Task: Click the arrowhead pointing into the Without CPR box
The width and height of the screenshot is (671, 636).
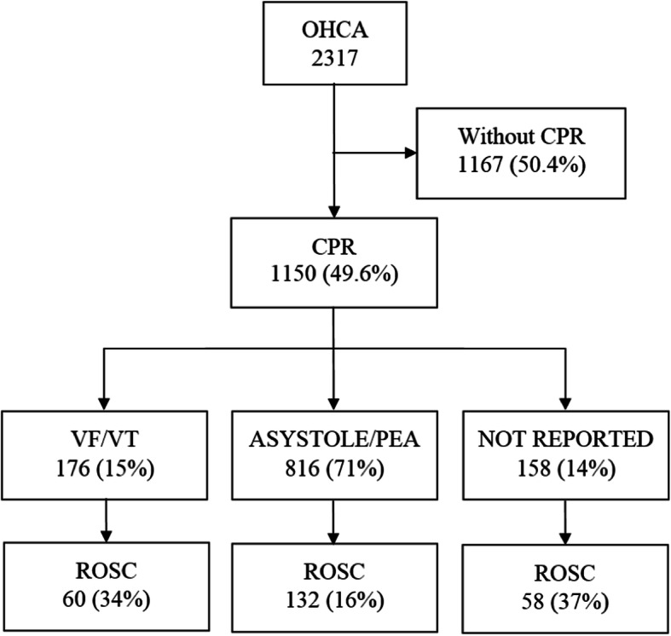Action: coord(410,153)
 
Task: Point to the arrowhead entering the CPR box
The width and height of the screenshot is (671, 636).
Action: coord(333,213)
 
